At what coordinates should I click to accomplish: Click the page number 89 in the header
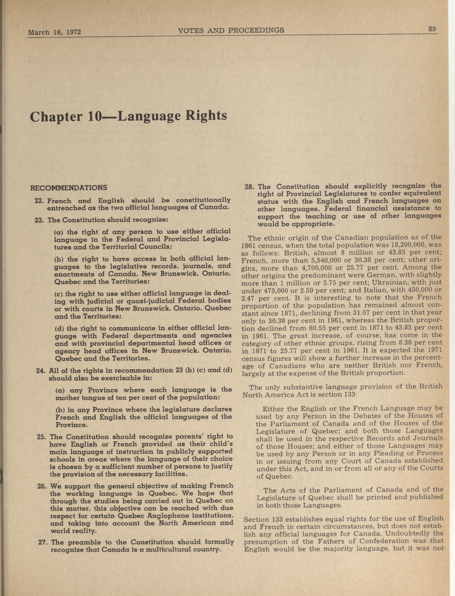pos(432,29)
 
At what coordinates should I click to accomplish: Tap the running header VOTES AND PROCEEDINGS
pos(231,30)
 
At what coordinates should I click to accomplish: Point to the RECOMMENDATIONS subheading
pos(69,187)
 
